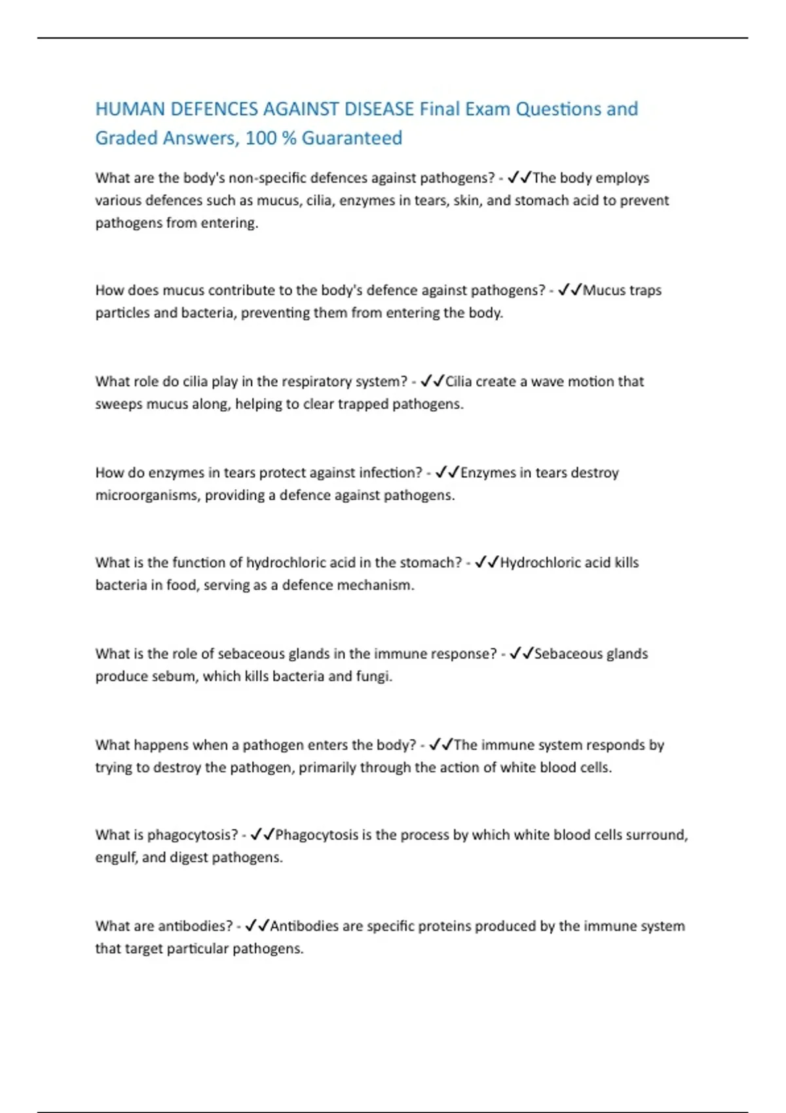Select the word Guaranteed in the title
[x=352, y=138]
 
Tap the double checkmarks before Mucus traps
[x=570, y=290]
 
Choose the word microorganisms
[x=147, y=495]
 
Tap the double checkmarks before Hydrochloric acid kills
[x=487, y=562]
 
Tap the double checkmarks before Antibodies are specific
[x=257, y=926]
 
